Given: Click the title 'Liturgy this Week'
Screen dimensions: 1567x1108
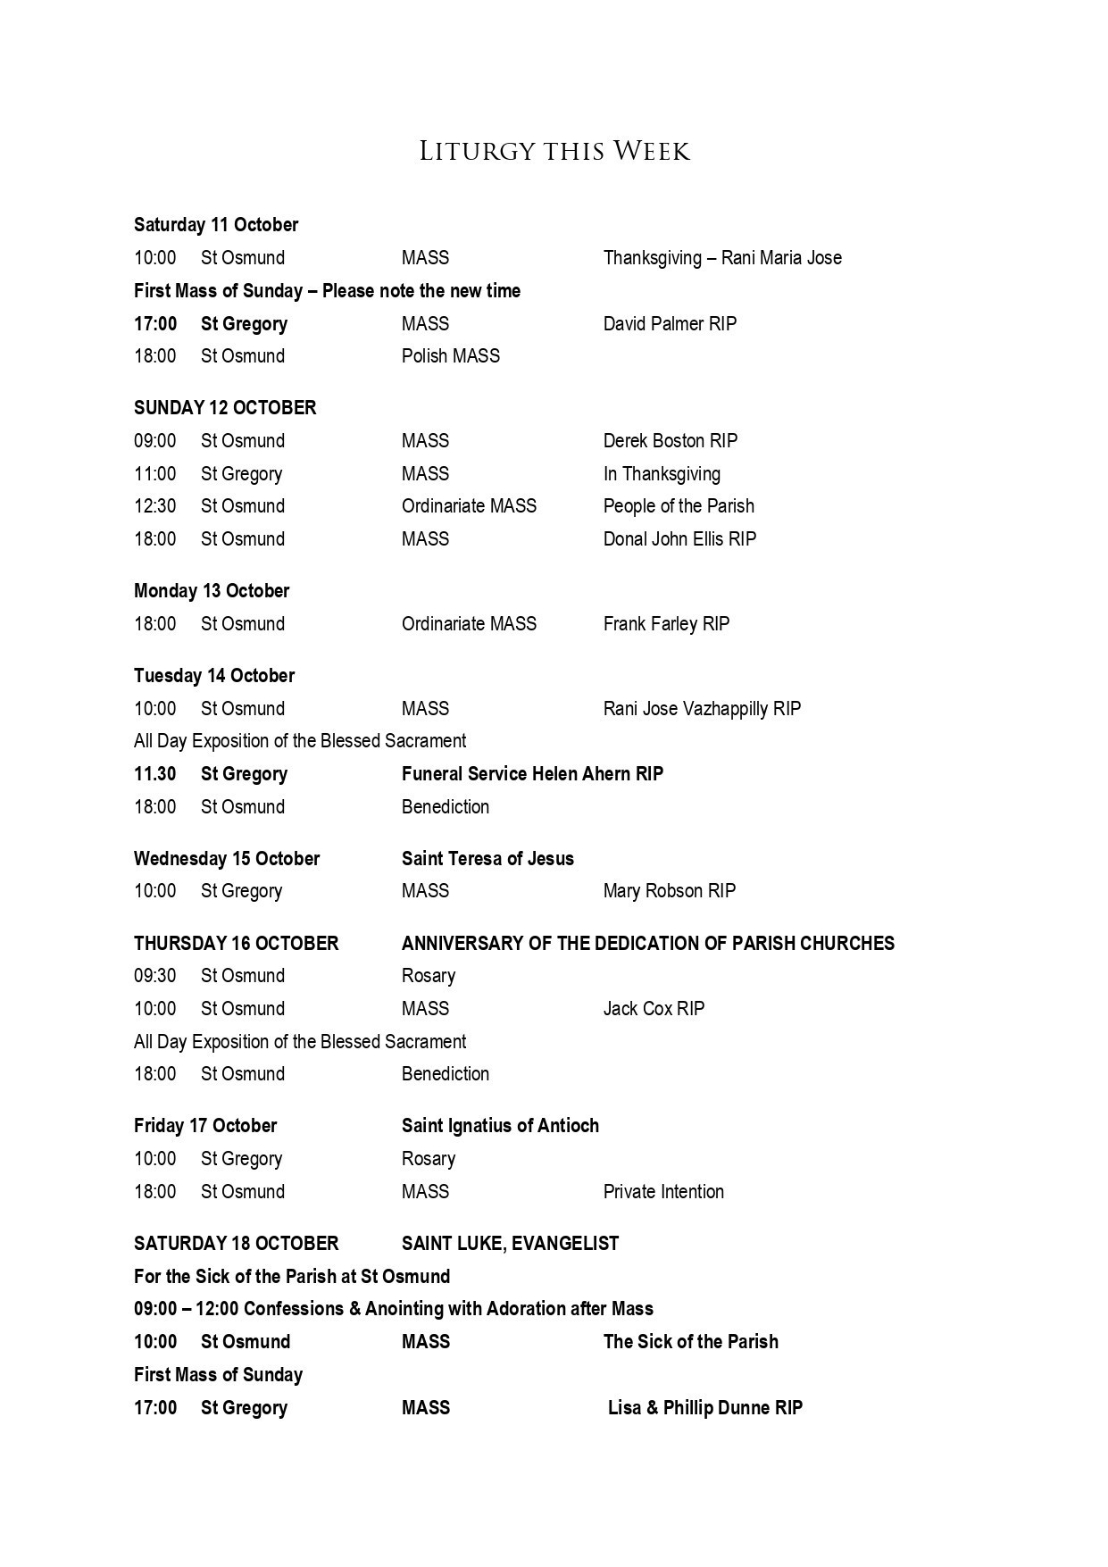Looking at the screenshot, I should (x=554, y=152).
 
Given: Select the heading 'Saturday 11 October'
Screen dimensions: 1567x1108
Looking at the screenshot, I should (x=216, y=225).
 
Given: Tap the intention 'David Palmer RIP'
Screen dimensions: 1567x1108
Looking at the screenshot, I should (x=670, y=324).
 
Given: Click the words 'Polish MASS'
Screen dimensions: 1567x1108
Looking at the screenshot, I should (x=450, y=356).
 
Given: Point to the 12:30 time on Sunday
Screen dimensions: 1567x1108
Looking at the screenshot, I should (x=155, y=506).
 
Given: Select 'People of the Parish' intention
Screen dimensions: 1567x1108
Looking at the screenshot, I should (x=679, y=506).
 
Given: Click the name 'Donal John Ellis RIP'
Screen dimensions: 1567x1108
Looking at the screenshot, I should (x=679, y=539).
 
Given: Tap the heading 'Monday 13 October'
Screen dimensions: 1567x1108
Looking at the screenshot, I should (x=212, y=591).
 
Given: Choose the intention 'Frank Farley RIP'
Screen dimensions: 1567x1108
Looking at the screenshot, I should (x=666, y=624).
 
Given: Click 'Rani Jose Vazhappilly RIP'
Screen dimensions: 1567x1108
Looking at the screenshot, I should (x=702, y=709).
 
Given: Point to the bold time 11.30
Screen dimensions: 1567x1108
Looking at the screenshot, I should (x=155, y=774).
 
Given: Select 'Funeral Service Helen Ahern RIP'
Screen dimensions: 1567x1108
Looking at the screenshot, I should (x=532, y=774).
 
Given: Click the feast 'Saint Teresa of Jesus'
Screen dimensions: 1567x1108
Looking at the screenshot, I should (x=487, y=859).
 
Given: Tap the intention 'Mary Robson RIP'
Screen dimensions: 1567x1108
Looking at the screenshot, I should (x=670, y=891).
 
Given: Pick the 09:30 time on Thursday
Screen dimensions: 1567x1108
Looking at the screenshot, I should (x=155, y=976).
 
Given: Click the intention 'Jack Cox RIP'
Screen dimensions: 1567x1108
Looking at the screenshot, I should (x=654, y=1009).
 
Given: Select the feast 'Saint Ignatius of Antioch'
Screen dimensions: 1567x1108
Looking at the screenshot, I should (x=500, y=1126).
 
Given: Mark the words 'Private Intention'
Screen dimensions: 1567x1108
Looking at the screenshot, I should (x=663, y=1192).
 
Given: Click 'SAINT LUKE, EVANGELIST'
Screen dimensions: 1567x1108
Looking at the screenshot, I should (x=510, y=1244).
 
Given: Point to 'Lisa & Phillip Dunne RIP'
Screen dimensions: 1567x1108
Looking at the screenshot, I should (x=705, y=1408).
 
